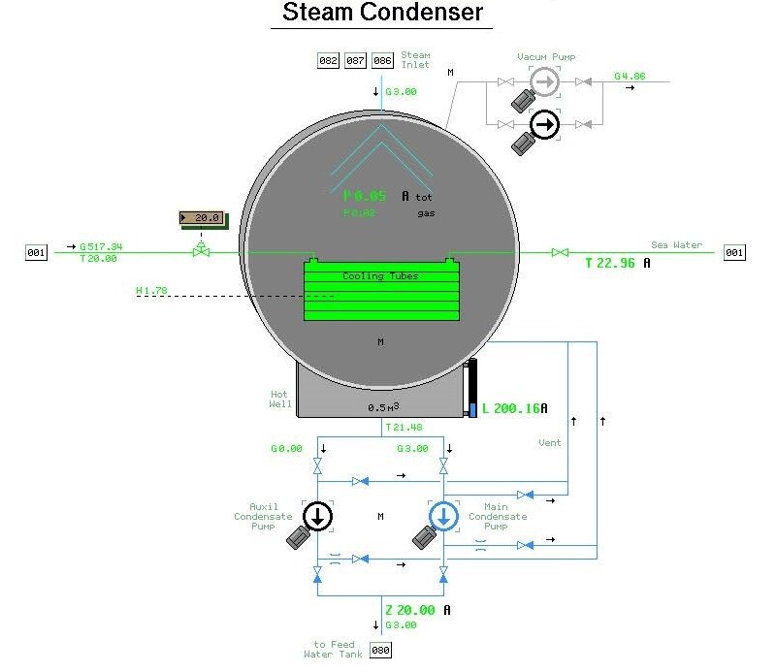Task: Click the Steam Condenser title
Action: tap(381, 13)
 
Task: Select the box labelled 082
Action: tap(329, 61)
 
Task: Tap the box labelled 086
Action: tap(383, 61)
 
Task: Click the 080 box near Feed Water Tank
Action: tap(381, 651)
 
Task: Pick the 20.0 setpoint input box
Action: tap(201, 218)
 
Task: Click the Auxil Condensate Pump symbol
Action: tap(317, 516)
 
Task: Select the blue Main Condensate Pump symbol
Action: tap(443, 516)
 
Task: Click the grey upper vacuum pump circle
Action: tap(545, 83)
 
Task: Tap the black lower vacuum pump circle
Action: tap(545, 124)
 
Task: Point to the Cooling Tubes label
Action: tap(380, 276)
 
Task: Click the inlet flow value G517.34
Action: tap(101, 247)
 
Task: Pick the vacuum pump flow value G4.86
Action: tap(630, 76)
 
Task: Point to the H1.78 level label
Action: tap(152, 290)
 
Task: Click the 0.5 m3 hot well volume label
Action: tap(384, 407)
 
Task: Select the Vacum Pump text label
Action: tap(545, 57)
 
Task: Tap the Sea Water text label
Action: tap(676, 245)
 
